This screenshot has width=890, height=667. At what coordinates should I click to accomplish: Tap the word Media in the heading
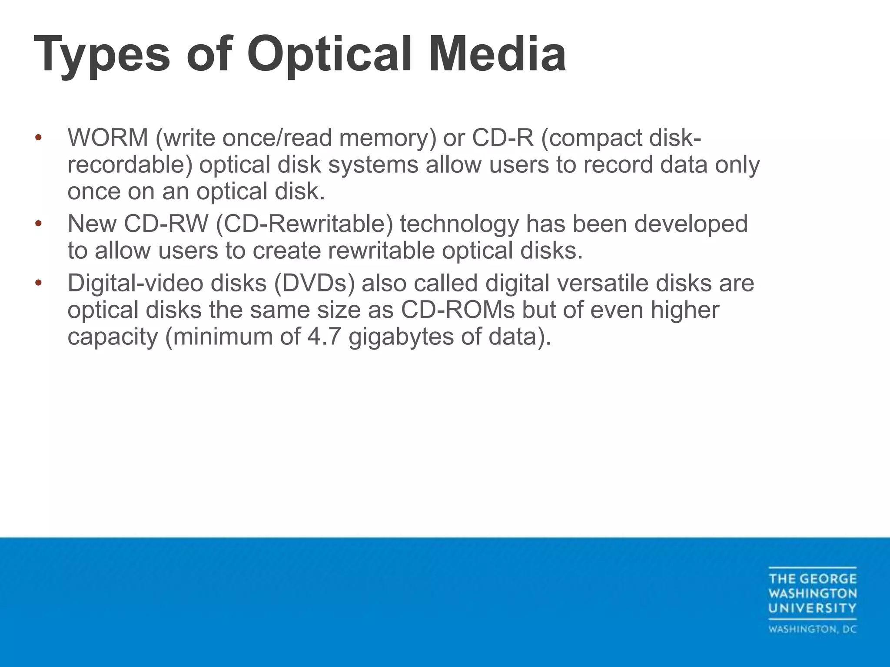pos(497,54)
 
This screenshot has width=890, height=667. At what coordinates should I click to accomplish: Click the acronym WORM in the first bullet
pos(108,138)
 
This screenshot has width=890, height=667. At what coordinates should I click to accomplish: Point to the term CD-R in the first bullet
pos(502,138)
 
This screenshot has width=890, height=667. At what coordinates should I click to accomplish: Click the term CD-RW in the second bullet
pos(166,224)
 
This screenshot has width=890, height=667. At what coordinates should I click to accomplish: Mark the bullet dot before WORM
pos(38,138)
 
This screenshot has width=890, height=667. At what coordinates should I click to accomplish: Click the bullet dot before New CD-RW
pos(38,224)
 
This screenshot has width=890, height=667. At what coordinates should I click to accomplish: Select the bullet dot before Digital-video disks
pos(38,283)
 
